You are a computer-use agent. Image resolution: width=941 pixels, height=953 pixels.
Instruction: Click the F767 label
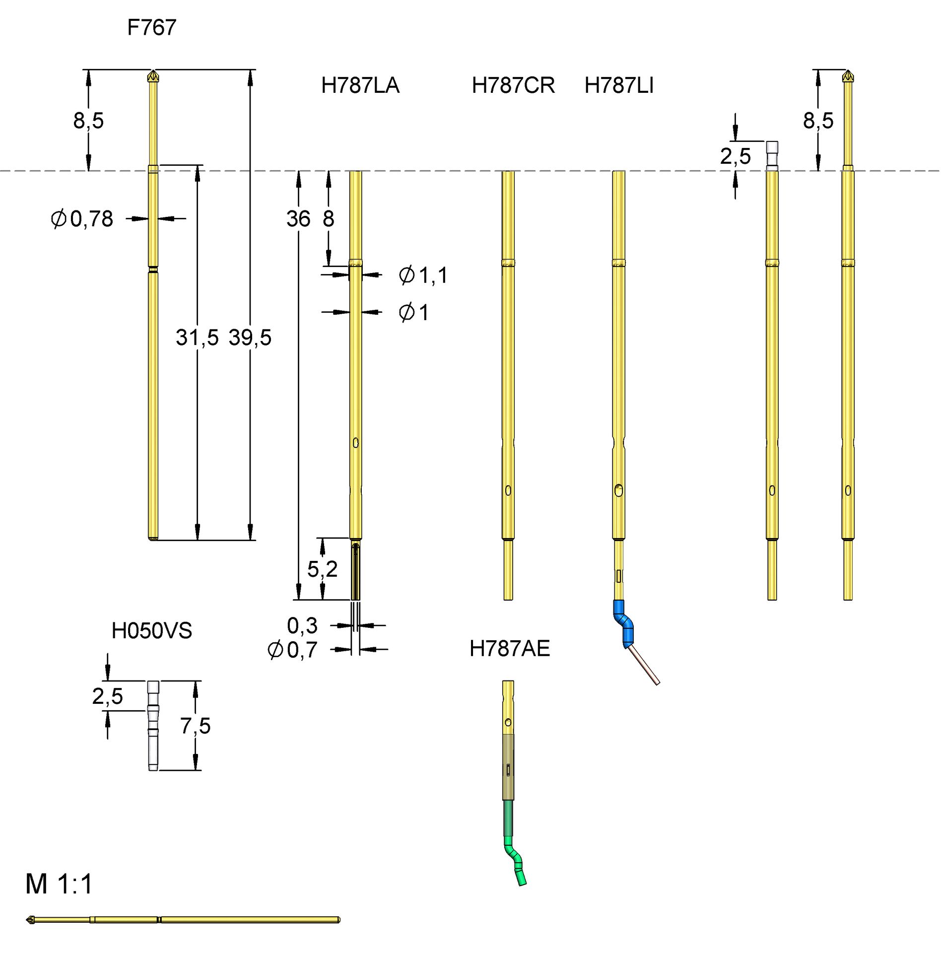(x=151, y=27)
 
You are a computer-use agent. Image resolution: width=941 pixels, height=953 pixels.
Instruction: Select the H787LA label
(x=360, y=85)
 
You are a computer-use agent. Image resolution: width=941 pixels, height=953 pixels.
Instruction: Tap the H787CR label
(x=513, y=85)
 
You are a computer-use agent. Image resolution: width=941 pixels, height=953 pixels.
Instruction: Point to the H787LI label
(x=618, y=85)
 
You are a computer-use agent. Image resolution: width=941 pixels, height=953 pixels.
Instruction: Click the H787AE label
(x=509, y=649)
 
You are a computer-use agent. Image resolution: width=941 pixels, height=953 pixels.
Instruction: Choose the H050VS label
(x=151, y=631)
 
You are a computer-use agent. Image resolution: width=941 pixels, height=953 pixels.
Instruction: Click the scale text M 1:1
(x=59, y=884)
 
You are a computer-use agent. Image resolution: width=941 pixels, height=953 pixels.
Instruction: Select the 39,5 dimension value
(x=250, y=338)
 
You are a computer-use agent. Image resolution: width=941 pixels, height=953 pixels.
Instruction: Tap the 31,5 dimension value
(x=197, y=338)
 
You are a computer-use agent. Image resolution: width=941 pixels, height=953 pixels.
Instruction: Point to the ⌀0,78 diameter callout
(x=82, y=219)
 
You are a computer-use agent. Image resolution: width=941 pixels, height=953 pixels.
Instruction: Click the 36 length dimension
(x=298, y=219)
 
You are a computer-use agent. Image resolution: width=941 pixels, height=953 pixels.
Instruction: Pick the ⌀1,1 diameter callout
(x=423, y=275)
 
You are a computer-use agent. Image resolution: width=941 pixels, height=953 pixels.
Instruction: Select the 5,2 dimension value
(x=322, y=569)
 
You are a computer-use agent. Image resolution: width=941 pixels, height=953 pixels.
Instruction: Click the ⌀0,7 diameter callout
(x=292, y=650)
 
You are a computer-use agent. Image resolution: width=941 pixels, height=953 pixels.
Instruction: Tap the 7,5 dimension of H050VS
(x=195, y=726)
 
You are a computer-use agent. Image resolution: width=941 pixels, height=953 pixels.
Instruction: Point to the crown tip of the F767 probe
(x=153, y=76)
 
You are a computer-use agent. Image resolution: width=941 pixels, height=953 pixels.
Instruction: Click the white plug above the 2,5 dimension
(x=772, y=148)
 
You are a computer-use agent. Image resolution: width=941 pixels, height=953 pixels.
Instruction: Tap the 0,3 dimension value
(x=302, y=625)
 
